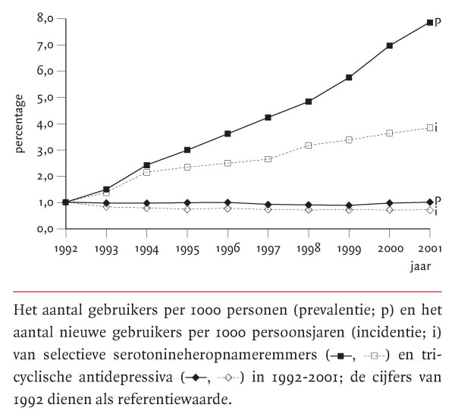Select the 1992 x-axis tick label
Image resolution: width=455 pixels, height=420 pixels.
[x=67, y=248]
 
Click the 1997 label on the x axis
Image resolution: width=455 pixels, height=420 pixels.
[x=268, y=248]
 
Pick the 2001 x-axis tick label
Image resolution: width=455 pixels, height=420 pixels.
[x=429, y=248]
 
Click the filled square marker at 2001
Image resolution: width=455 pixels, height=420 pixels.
[x=429, y=23]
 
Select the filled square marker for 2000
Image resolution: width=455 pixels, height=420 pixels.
[x=390, y=45]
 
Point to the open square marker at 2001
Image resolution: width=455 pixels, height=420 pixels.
[x=429, y=127]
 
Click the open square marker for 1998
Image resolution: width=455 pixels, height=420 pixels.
[x=309, y=145]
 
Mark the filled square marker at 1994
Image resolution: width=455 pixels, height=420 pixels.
[x=147, y=165]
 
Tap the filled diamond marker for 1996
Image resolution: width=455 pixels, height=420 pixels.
[x=228, y=202]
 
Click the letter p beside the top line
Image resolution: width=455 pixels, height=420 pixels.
[x=438, y=23]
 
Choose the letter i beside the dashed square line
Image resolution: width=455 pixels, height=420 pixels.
[x=438, y=127]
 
